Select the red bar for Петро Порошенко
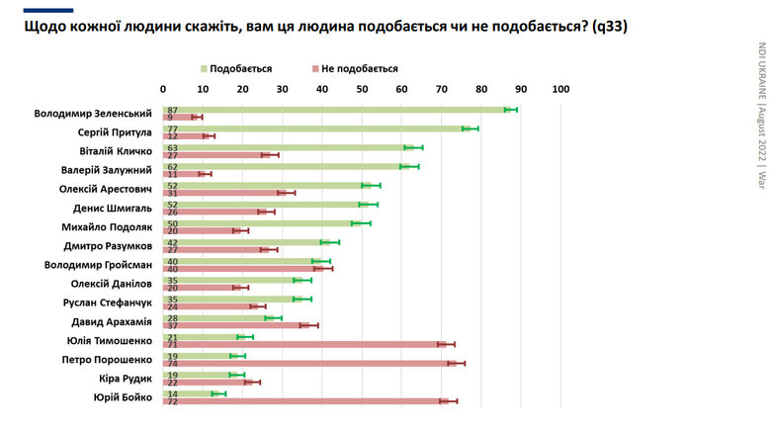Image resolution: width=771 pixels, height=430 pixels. click(316, 363)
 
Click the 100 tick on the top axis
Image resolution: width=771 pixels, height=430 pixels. click(589, 90)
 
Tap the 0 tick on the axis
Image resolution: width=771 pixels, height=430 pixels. click(164, 90)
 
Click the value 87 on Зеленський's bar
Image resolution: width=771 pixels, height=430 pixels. click(173, 109)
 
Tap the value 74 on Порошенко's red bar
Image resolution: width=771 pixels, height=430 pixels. click(173, 363)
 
